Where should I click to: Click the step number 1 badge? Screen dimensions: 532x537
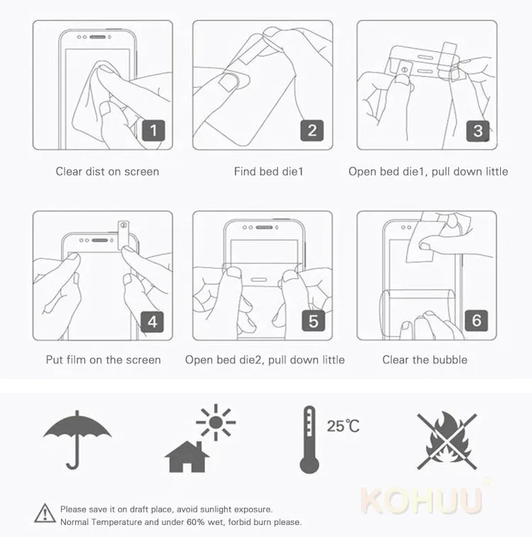153,130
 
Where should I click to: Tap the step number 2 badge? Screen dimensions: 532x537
312,130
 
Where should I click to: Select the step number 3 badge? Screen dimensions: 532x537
478,131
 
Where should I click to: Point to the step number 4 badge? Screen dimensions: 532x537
153,321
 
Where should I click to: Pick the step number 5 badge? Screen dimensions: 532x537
314,321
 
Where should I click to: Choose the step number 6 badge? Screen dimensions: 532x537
477,321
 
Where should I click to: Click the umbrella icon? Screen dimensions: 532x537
77,440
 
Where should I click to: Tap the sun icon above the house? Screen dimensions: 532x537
216,422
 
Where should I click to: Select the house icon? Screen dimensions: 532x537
187,457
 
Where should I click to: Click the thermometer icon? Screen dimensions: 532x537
309,440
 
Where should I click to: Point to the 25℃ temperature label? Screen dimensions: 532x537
343,426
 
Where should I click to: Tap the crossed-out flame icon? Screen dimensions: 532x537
447,441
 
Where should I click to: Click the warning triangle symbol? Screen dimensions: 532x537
45,514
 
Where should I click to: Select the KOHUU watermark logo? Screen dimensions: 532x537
422,500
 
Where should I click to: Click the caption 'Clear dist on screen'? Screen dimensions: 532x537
108,171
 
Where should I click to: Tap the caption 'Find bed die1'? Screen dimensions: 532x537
269,171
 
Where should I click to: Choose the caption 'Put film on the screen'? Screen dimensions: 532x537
104,360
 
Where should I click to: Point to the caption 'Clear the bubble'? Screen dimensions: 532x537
425,360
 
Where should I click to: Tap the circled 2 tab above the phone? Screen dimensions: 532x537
123,234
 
